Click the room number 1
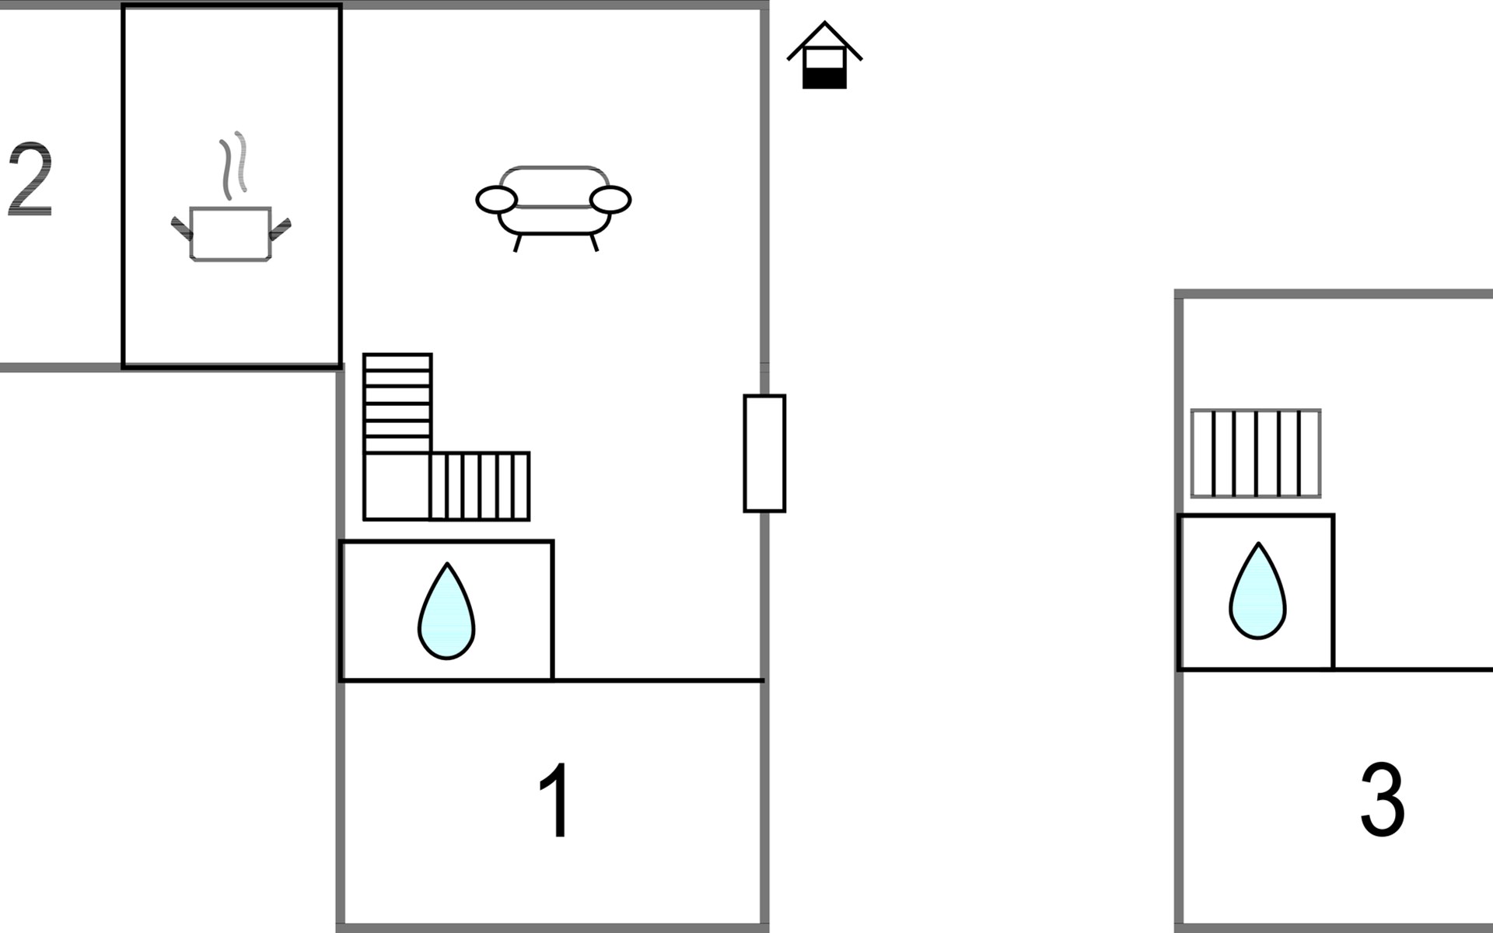click(x=556, y=801)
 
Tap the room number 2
click(x=30, y=180)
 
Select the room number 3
click(x=1382, y=799)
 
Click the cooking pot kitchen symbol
click(x=231, y=232)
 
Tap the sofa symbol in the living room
click(x=554, y=204)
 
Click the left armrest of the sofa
click(x=496, y=200)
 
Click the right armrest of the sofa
click(x=610, y=200)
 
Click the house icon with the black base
click(x=824, y=56)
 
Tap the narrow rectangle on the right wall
click(x=764, y=453)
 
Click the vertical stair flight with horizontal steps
click(x=397, y=404)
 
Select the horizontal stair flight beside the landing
click(x=480, y=486)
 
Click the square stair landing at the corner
click(x=397, y=486)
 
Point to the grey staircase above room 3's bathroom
click(x=1256, y=453)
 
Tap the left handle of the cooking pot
click(x=181, y=228)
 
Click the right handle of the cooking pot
click(x=280, y=228)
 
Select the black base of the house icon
click(x=824, y=78)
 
